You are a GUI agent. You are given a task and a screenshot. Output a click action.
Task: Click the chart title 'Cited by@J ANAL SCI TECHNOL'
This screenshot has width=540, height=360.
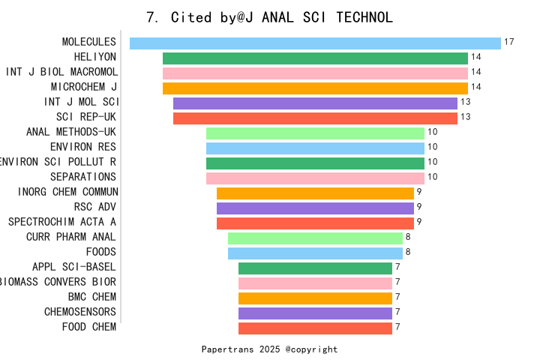(x=269, y=17)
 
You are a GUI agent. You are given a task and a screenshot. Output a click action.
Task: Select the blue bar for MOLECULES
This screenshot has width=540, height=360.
(x=315, y=43)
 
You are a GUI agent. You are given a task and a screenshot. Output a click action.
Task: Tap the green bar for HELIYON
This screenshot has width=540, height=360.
(x=315, y=58)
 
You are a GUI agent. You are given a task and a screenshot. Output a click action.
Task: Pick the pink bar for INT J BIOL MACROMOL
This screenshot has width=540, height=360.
(x=315, y=73)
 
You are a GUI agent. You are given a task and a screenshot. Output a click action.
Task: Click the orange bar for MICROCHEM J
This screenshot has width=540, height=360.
(x=315, y=88)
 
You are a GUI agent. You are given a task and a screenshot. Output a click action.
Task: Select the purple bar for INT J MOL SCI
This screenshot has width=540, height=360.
(x=315, y=103)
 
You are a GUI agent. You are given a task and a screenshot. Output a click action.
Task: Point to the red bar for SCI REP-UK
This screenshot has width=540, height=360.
(x=315, y=118)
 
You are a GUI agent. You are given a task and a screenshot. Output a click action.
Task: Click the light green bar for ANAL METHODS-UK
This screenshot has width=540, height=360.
(x=315, y=133)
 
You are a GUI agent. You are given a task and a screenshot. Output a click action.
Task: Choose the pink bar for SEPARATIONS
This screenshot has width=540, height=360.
(x=315, y=178)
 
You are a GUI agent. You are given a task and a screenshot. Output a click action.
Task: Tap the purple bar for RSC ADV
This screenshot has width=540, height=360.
(x=315, y=208)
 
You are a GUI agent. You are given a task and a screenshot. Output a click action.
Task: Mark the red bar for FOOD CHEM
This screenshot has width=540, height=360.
(x=315, y=328)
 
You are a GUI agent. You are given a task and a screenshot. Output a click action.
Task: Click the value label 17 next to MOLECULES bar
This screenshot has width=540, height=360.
(x=509, y=42)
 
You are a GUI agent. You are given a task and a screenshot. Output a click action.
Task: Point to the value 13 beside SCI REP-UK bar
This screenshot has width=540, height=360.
(x=465, y=117)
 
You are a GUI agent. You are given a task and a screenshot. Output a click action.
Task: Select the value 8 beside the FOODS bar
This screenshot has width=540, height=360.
(x=408, y=252)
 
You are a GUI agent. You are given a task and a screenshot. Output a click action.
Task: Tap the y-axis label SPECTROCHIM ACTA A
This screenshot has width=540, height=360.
(x=62, y=222)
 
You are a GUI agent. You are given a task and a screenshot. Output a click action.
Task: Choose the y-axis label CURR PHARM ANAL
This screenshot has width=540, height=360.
(x=71, y=237)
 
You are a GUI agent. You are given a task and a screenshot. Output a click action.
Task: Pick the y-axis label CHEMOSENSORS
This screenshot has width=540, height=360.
(x=80, y=312)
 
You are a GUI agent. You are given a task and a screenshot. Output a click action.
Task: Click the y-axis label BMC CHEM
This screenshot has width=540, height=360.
(x=92, y=297)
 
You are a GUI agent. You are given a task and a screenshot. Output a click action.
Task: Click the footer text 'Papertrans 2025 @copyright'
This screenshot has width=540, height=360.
(x=269, y=349)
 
